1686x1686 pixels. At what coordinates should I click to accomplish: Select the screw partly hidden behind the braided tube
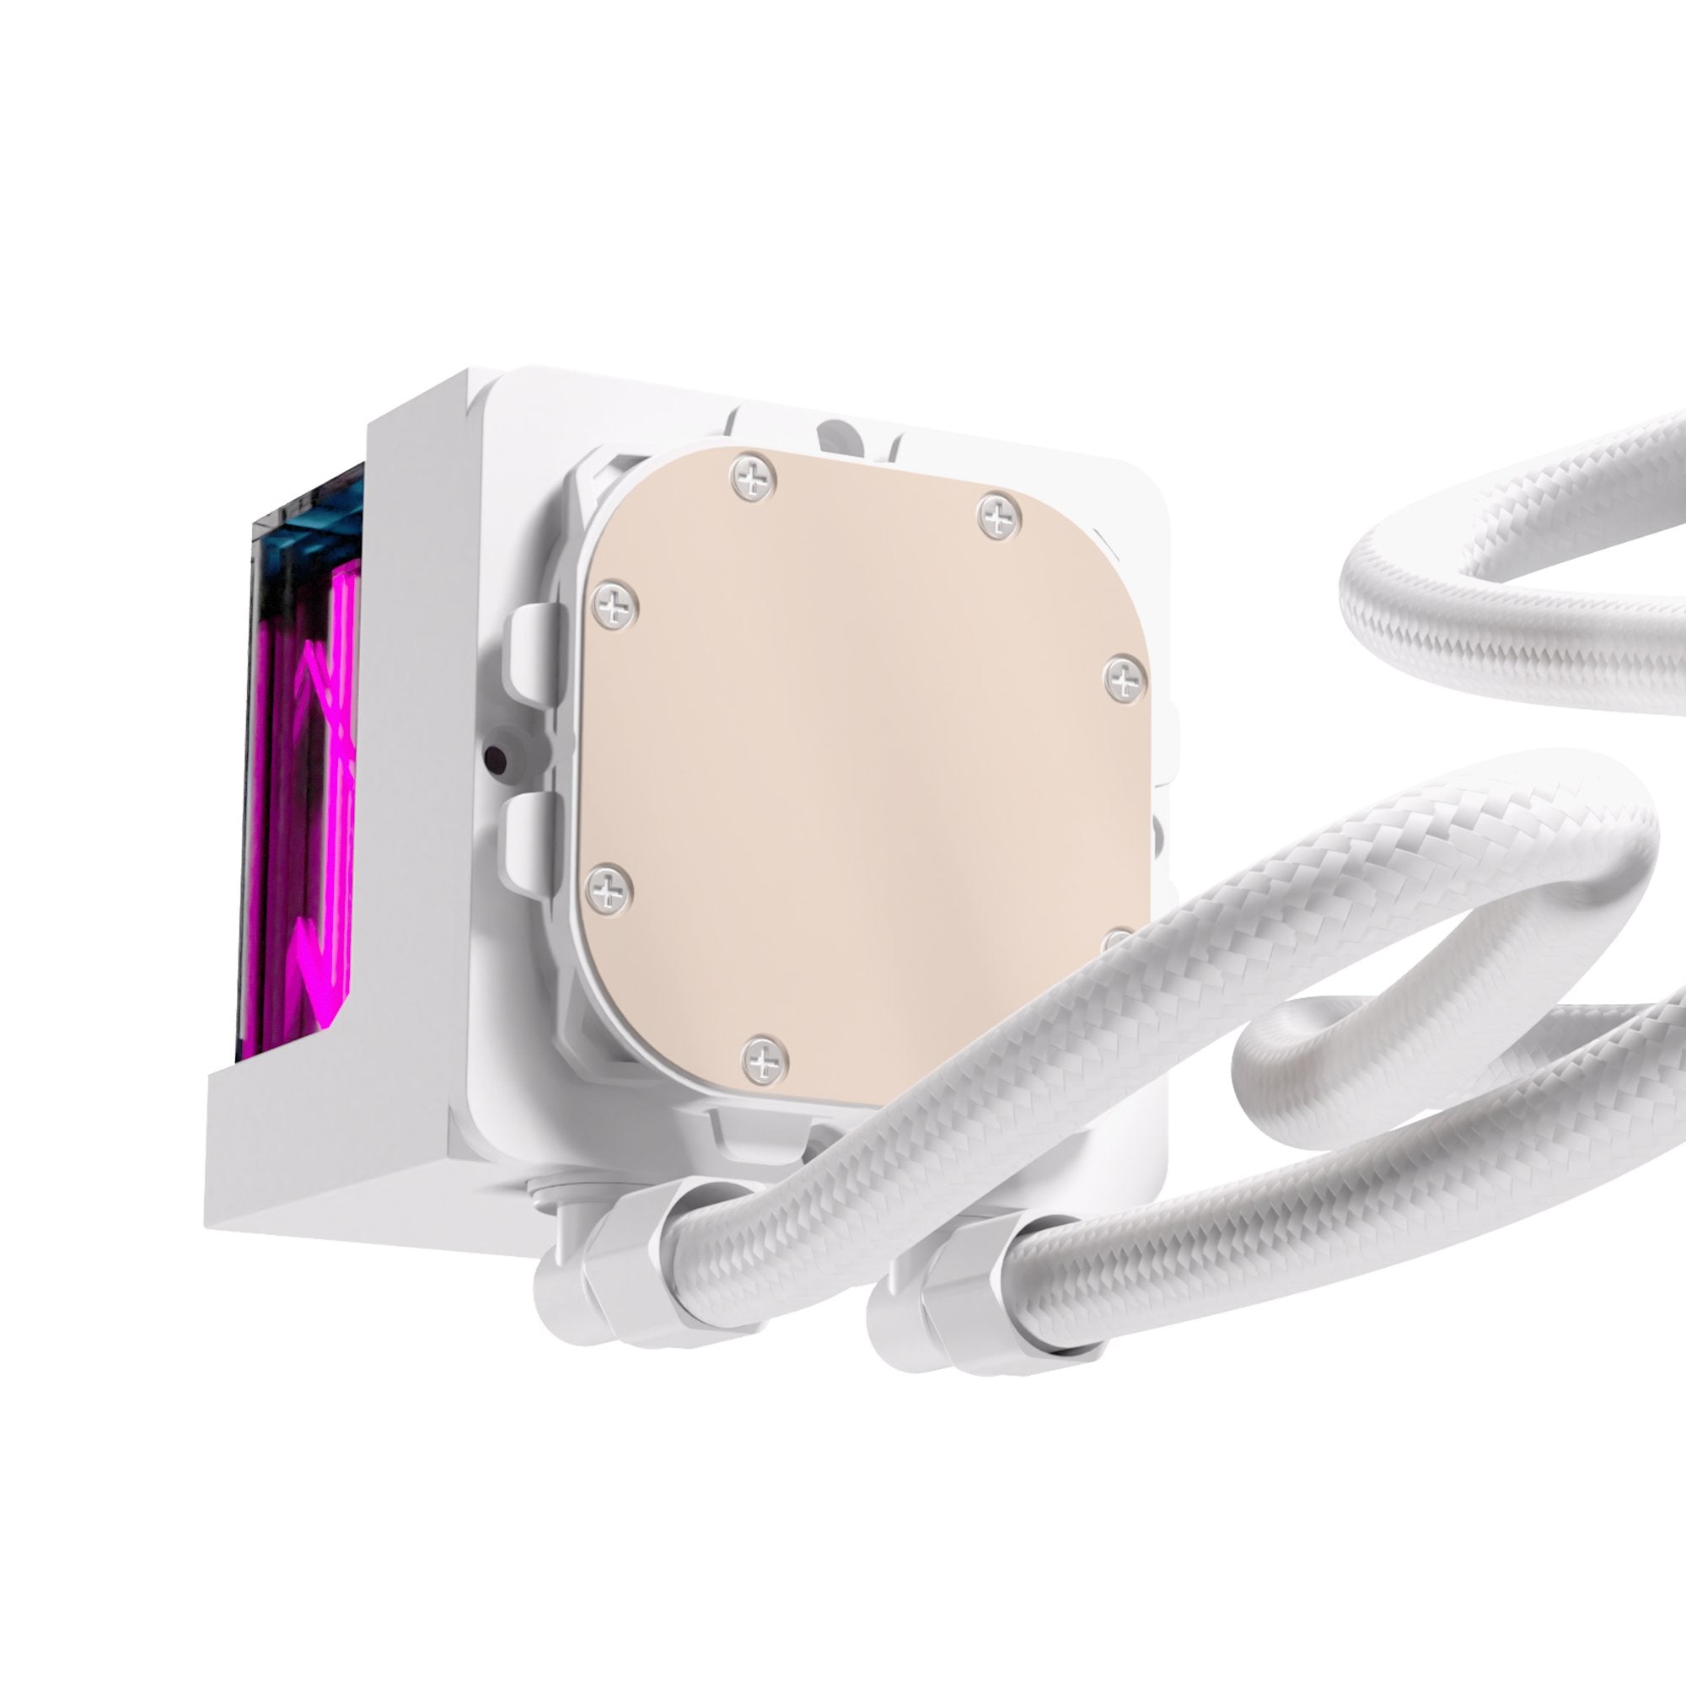[1120, 941]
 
